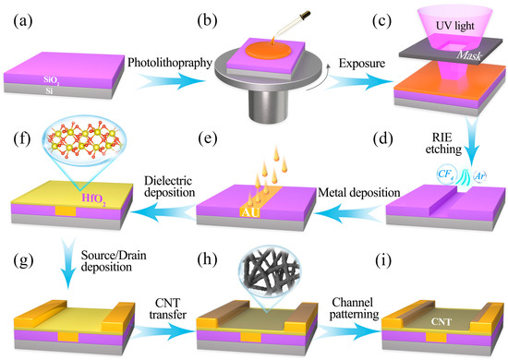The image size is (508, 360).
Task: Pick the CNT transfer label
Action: [x=167, y=305]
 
